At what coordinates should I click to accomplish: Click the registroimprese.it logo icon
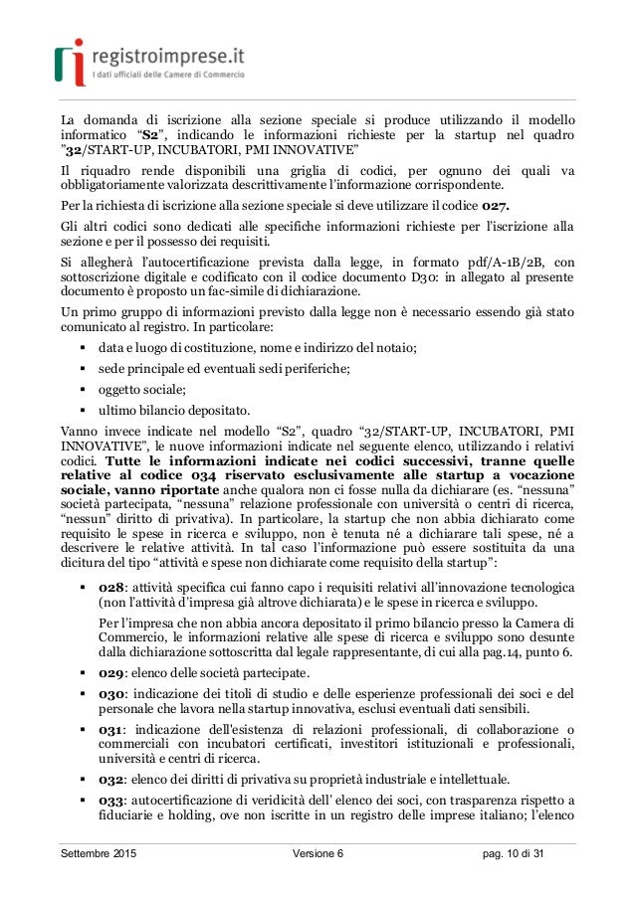coord(69,59)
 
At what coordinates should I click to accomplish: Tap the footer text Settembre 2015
coord(98,855)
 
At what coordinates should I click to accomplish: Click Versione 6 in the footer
coord(317,855)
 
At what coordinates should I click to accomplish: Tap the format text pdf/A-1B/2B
coord(455,262)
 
